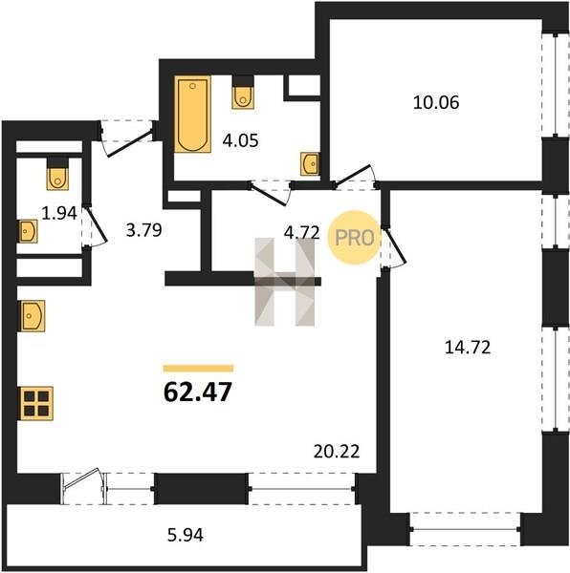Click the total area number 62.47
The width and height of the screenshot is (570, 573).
click(198, 392)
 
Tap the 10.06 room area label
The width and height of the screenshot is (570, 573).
click(436, 102)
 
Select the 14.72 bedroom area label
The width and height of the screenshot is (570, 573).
click(468, 348)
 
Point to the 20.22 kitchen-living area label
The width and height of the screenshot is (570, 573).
click(337, 452)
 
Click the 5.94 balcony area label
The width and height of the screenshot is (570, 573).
click(186, 535)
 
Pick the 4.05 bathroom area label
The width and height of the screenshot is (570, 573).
click(240, 140)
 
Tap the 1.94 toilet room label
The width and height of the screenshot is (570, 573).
click(59, 213)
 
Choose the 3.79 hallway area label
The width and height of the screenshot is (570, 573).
click(143, 230)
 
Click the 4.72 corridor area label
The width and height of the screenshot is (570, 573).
click(302, 233)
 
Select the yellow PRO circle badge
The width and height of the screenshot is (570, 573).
click(354, 238)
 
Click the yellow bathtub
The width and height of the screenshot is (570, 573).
click(193, 114)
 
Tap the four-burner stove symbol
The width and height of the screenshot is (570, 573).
click(37, 403)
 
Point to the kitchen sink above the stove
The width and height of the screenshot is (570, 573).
click(33, 316)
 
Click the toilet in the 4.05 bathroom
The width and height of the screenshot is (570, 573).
click(243, 94)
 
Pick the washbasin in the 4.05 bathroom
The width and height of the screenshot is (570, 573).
click(310, 164)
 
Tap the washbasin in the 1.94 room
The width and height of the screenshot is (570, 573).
click(28, 231)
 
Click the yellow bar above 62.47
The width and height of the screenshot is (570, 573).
click(198, 369)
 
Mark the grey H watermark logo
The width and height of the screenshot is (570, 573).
click(285, 282)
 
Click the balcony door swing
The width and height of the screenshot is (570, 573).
click(82, 479)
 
